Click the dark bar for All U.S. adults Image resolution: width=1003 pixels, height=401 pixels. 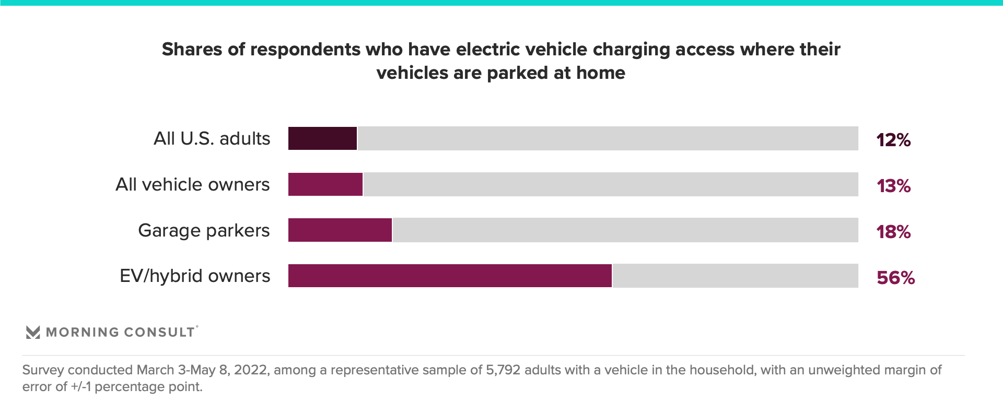click(x=322, y=138)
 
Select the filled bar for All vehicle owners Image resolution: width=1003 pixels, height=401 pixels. click(x=325, y=184)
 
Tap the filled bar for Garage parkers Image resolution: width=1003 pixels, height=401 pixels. click(x=340, y=230)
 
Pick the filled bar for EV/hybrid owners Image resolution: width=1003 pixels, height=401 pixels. click(x=449, y=276)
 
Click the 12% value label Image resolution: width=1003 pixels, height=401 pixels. click(x=893, y=140)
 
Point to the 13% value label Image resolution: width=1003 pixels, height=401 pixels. click(x=893, y=186)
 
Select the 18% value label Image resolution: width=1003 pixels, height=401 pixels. click(x=893, y=232)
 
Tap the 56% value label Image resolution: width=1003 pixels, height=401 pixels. click(x=895, y=278)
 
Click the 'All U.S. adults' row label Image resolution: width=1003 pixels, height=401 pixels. click(x=212, y=139)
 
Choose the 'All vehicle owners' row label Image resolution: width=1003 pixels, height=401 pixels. click(x=192, y=185)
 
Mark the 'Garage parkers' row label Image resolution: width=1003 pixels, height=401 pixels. click(x=204, y=231)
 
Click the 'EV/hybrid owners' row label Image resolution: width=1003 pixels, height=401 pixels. click(x=195, y=276)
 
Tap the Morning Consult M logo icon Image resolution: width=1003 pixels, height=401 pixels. click(x=33, y=332)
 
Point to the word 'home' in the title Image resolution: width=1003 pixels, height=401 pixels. click(x=600, y=73)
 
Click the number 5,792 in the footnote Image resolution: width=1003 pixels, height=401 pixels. click(x=503, y=370)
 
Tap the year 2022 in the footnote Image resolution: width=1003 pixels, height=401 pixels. click(x=251, y=370)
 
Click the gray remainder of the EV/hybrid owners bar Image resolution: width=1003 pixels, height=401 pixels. click(x=735, y=276)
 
